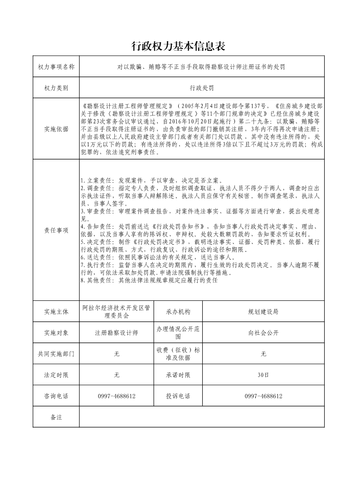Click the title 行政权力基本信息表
pos(178,46)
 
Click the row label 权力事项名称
pos(56,67)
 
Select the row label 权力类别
pos(56,88)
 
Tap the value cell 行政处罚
pos(202,88)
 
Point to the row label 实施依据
pos(56,129)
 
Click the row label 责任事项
pos(56,230)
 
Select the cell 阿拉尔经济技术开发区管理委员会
pos(117,311)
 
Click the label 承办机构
pos(178,312)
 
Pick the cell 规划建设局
pos(263,312)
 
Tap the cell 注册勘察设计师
pos(117,333)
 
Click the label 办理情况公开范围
pos(178,333)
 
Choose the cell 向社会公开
pos(263,333)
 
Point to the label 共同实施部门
pos(56,354)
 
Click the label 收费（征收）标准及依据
pos(178,354)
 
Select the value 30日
pos(263,375)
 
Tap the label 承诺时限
pos(178,375)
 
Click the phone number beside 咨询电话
pos(117,396)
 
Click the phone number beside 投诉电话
pos(263,396)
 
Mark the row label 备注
pos(56,417)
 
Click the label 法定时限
pos(56,375)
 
